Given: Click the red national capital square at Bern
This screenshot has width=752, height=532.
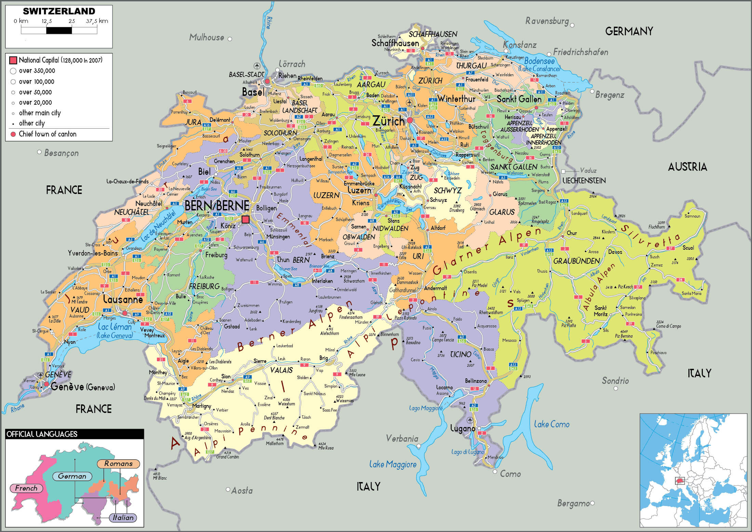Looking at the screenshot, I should coord(245,219).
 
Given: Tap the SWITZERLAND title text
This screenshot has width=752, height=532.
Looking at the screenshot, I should coord(59,11).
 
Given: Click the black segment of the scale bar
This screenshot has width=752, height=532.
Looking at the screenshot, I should coord(59,30).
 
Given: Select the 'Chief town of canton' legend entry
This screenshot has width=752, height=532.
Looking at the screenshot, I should coord(47,134).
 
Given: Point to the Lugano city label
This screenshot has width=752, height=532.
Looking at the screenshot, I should coord(462,428).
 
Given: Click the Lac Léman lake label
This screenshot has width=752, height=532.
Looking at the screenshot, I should coord(115,327).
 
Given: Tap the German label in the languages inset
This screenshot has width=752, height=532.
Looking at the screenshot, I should coord(72,476).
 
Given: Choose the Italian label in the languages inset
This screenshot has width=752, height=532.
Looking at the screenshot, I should coord(123,518).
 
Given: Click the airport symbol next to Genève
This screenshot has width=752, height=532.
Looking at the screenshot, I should coord(41,375).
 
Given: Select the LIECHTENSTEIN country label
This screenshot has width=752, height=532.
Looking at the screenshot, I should coord(584,181).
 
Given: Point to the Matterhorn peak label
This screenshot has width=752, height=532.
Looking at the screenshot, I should coord(275,443).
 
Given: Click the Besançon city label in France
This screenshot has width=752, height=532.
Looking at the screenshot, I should coord(62,153).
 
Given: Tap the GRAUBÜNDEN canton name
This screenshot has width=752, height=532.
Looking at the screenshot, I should coord(577,261).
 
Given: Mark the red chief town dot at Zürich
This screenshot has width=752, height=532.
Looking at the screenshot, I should coord(409,120).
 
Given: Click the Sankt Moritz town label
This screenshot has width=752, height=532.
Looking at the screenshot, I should coord(601,311).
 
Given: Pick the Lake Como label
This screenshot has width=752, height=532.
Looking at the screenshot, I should coord(552,425).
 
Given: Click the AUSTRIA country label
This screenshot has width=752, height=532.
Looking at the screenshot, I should coord(687,167).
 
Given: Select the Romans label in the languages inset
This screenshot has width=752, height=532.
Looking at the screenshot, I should coord(118,464).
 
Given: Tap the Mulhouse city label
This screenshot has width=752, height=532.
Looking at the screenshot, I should coord(206,38).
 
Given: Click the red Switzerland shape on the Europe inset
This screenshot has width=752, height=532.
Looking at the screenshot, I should coord(680,481).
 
